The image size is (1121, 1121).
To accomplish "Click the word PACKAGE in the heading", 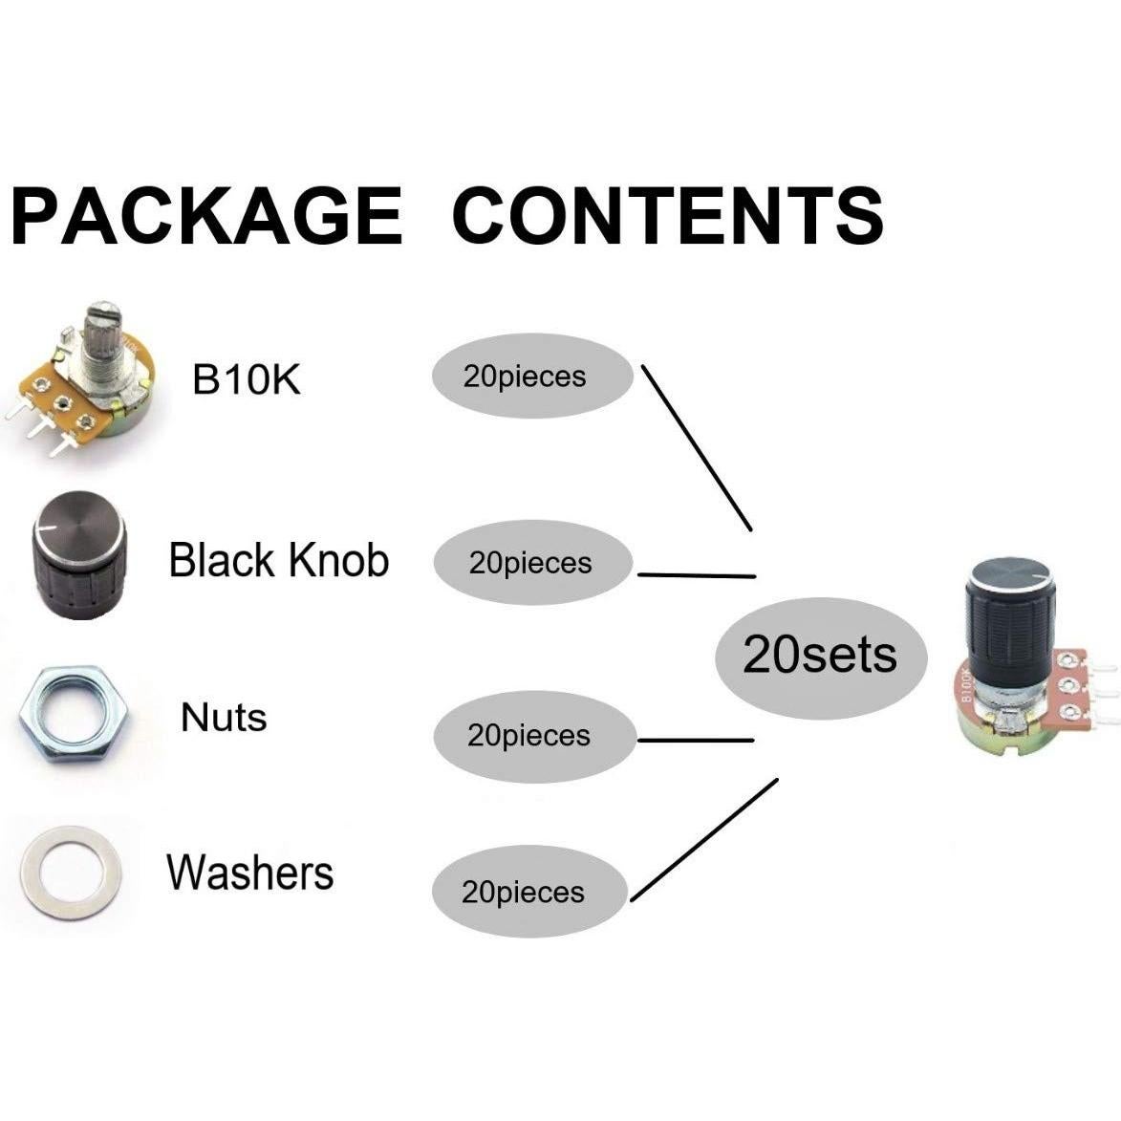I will [205, 215].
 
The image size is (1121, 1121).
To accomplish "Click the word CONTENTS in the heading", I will [667, 215].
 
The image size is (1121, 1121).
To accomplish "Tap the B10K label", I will [247, 379].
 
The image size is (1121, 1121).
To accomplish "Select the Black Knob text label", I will [279, 560].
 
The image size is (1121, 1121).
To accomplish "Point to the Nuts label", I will [224, 717].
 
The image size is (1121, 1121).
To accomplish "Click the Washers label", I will [250, 873].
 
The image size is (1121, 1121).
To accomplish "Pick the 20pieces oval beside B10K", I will [532, 377].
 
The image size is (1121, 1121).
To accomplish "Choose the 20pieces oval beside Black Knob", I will [532, 564].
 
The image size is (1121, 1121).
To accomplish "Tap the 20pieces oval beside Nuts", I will [532, 736].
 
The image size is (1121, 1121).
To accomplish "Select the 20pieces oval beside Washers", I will [528, 893].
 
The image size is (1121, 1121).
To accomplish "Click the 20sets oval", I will [820, 656].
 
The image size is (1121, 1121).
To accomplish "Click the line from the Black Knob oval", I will [696, 575].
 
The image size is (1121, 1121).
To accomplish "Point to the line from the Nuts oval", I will [695, 740].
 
